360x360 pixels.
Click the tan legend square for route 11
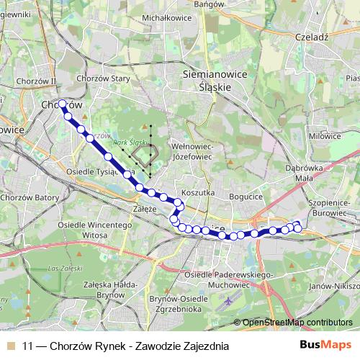point(9,346)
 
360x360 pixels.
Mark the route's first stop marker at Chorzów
point(62,104)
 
